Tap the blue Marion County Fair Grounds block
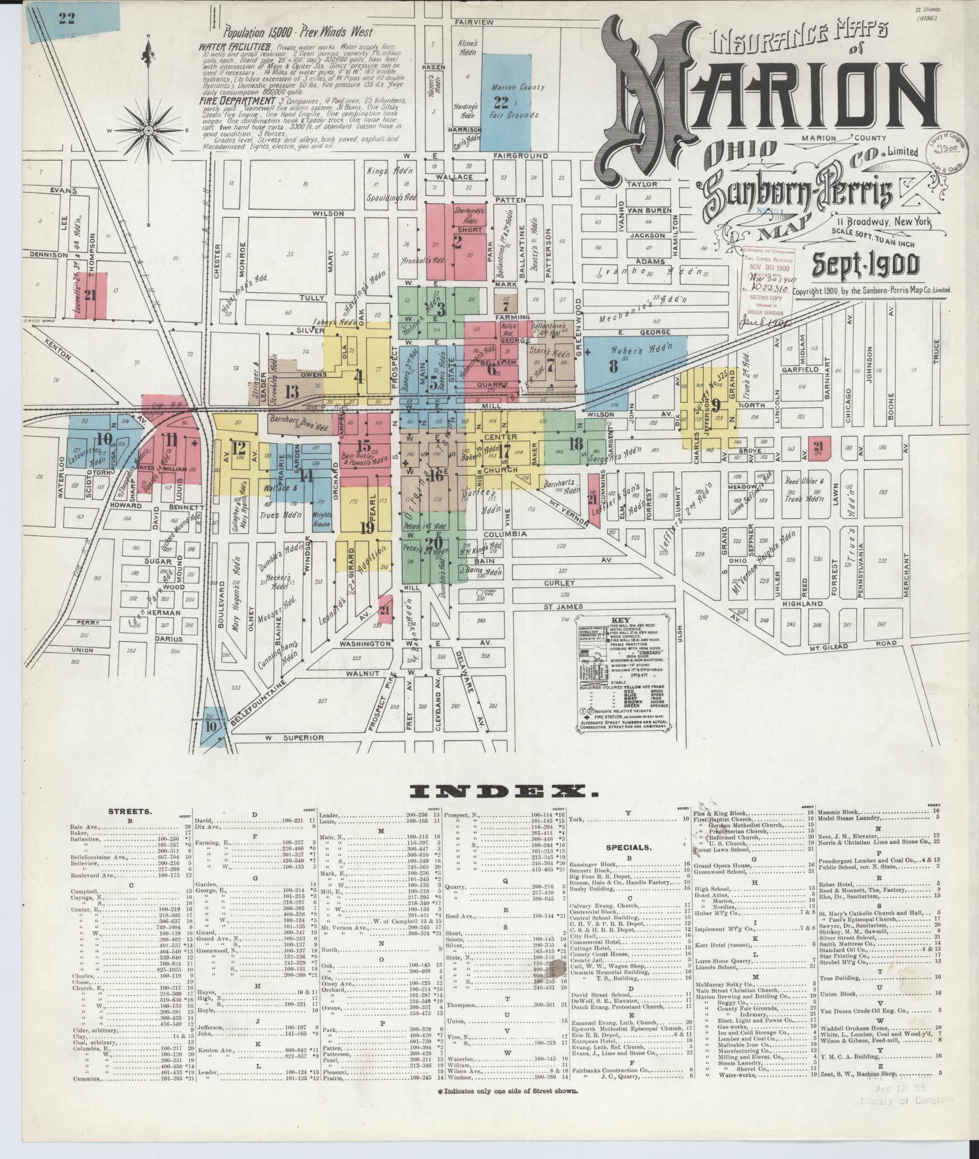click(506, 100)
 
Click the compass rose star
click(148, 130)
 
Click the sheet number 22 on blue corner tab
click(67, 18)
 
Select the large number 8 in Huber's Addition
click(613, 366)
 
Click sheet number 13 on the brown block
click(291, 391)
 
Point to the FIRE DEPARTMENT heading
click(236, 101)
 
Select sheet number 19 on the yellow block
click(367, 527)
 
